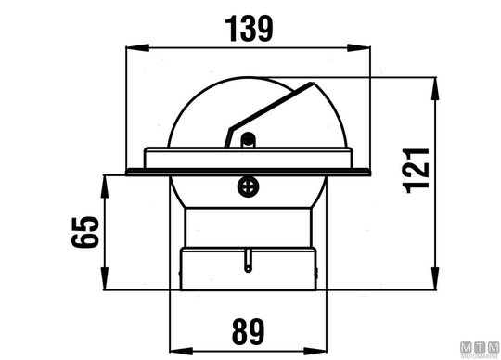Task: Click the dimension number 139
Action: (249, 29)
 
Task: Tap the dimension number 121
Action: (416, 171)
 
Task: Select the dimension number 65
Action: (85, 232)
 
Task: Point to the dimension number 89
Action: (249, 332)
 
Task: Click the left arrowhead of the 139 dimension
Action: (137, 48)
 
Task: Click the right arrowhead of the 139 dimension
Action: (359, 48)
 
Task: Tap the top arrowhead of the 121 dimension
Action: (435, 89)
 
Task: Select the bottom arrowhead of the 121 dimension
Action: (435, 278)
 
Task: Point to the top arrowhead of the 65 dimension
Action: (105, 186)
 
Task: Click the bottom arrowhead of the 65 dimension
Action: (105, 278)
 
